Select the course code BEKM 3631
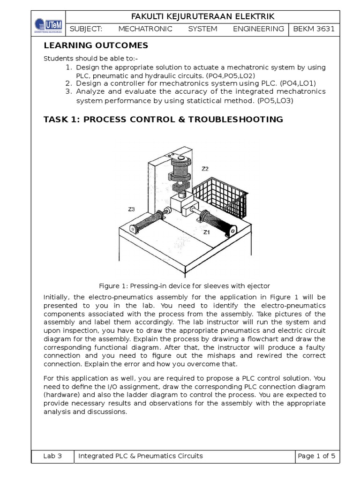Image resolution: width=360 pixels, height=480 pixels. pos(314,29)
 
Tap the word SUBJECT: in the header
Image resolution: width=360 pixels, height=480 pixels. pos(86,29)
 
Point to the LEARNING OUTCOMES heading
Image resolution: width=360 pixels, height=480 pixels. pos(96,45)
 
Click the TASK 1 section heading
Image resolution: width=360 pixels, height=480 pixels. pos(163,120)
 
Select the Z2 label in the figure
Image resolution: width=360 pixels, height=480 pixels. pos(205,169)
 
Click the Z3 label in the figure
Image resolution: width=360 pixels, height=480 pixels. pos(131,209)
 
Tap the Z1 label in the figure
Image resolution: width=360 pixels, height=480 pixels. pos(207,232)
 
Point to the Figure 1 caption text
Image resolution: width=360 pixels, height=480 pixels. pos(184,286)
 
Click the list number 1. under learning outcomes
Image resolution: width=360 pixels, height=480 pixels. pos(68,67)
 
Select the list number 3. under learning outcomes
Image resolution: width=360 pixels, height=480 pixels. pos(68,91)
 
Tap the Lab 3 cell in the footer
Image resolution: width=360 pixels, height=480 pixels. pos(52,456)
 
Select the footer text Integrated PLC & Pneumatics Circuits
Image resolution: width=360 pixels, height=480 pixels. pos(141,456)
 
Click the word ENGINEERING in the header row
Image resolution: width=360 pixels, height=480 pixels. pos(258,29)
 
